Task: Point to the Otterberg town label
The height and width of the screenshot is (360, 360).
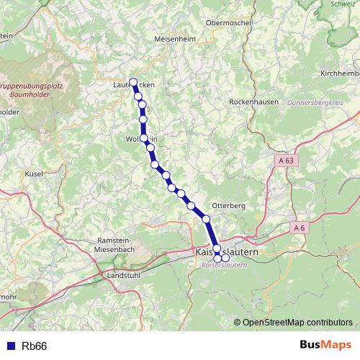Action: tap(229, 205)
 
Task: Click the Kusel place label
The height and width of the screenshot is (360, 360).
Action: tap(34, 174)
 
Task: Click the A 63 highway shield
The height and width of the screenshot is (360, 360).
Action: tap(286, 162)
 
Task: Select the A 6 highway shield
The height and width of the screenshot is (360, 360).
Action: tap(300, 228)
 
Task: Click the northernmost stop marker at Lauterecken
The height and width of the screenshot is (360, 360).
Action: tap(132, 81)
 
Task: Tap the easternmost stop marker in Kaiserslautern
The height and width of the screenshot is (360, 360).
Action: tap(225, 258)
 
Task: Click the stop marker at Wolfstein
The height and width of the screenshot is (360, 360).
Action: tap(144, 138)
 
